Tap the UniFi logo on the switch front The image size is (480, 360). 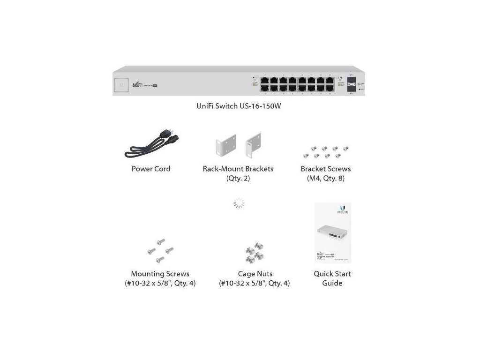[137, 84]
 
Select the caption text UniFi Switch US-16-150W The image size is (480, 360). [239, 106]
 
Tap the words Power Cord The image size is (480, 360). [151, 169]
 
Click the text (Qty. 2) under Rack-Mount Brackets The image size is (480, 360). [238, 179]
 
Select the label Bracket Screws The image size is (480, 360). [326, 169]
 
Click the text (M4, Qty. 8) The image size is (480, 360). [326, 179]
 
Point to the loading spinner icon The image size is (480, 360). [239, 203]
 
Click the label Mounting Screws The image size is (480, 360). [160, 274]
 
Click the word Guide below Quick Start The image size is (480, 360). [332, 284]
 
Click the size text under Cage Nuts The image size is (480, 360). [254, 284]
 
